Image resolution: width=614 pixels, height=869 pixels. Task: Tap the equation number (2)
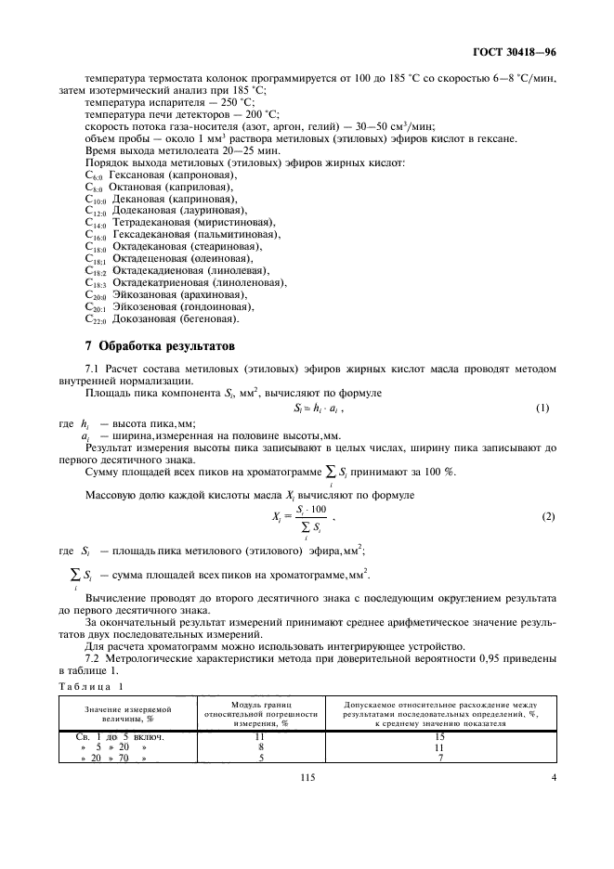coord(542,515)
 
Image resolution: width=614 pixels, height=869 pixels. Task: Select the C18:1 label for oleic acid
coord(96,261)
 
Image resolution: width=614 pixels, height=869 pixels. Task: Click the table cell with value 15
coord(441,735)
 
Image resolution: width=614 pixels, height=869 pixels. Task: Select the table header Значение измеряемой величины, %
coord(118,711)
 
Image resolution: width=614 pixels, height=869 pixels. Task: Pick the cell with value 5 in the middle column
coord(261,758)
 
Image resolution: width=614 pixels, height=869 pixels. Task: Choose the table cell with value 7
coord(441,758)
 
